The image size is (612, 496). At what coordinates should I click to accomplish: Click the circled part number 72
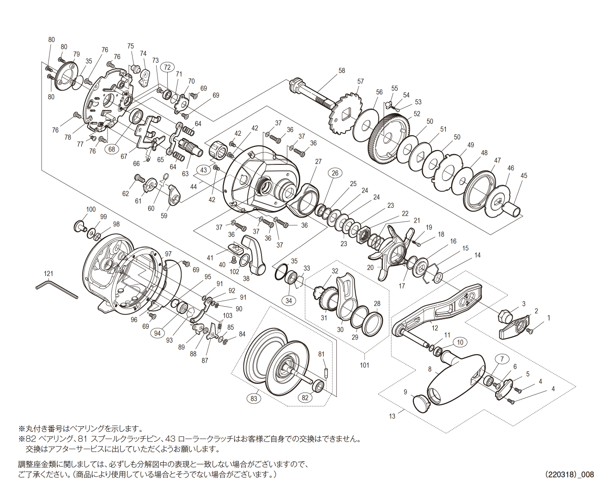click(x=167, y=67)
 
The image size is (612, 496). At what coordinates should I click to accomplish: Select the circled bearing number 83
click(x=254, y=398)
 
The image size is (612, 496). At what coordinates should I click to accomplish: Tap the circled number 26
click(x=335, y=173)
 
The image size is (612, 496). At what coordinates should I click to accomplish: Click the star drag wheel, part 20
click(x=393, y=252)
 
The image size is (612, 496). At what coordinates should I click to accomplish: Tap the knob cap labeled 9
click(x=421, y=403)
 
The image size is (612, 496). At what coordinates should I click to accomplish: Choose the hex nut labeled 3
click(x=505, y=315)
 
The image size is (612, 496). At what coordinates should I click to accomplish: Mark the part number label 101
click(x=364, y=365)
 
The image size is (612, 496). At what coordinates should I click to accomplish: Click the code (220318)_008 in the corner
click(x=569, y=474)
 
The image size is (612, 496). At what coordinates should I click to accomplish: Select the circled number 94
click(x=158, y=333)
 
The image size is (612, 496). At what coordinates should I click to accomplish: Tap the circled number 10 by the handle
click(x=460, y=342)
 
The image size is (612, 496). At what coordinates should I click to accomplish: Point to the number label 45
click(x=524, y=175)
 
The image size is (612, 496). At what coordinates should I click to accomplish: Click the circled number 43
click(x=204, y=170)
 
